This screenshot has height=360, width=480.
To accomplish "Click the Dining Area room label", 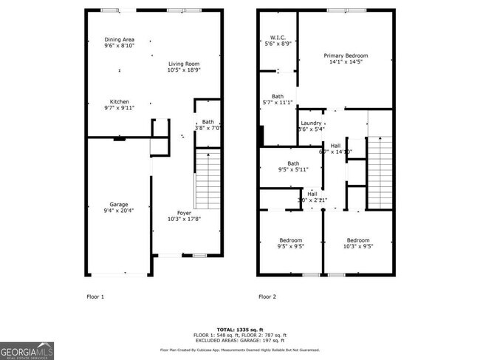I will (x=120, y=42).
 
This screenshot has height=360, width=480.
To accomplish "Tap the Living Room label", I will (x=183, y=67).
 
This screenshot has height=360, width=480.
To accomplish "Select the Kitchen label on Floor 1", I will (x=120, y=105).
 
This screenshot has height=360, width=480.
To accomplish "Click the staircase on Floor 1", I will (x=208, y=180).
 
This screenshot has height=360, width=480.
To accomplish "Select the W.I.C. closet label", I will (x=277, y=40).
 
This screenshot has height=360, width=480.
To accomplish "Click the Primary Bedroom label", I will (x=346, y=59).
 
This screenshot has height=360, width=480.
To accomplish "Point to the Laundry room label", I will (x=311, y=126).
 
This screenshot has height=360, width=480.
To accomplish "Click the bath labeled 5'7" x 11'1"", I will (x=278, y=99).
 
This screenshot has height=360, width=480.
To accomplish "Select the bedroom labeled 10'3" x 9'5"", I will (x=358, y=243).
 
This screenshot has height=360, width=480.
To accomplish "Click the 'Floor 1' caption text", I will (x=95, y=296).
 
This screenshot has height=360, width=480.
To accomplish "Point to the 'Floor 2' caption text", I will (x=267, y=296).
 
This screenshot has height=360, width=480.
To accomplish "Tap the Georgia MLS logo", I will (x=27, y=350).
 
